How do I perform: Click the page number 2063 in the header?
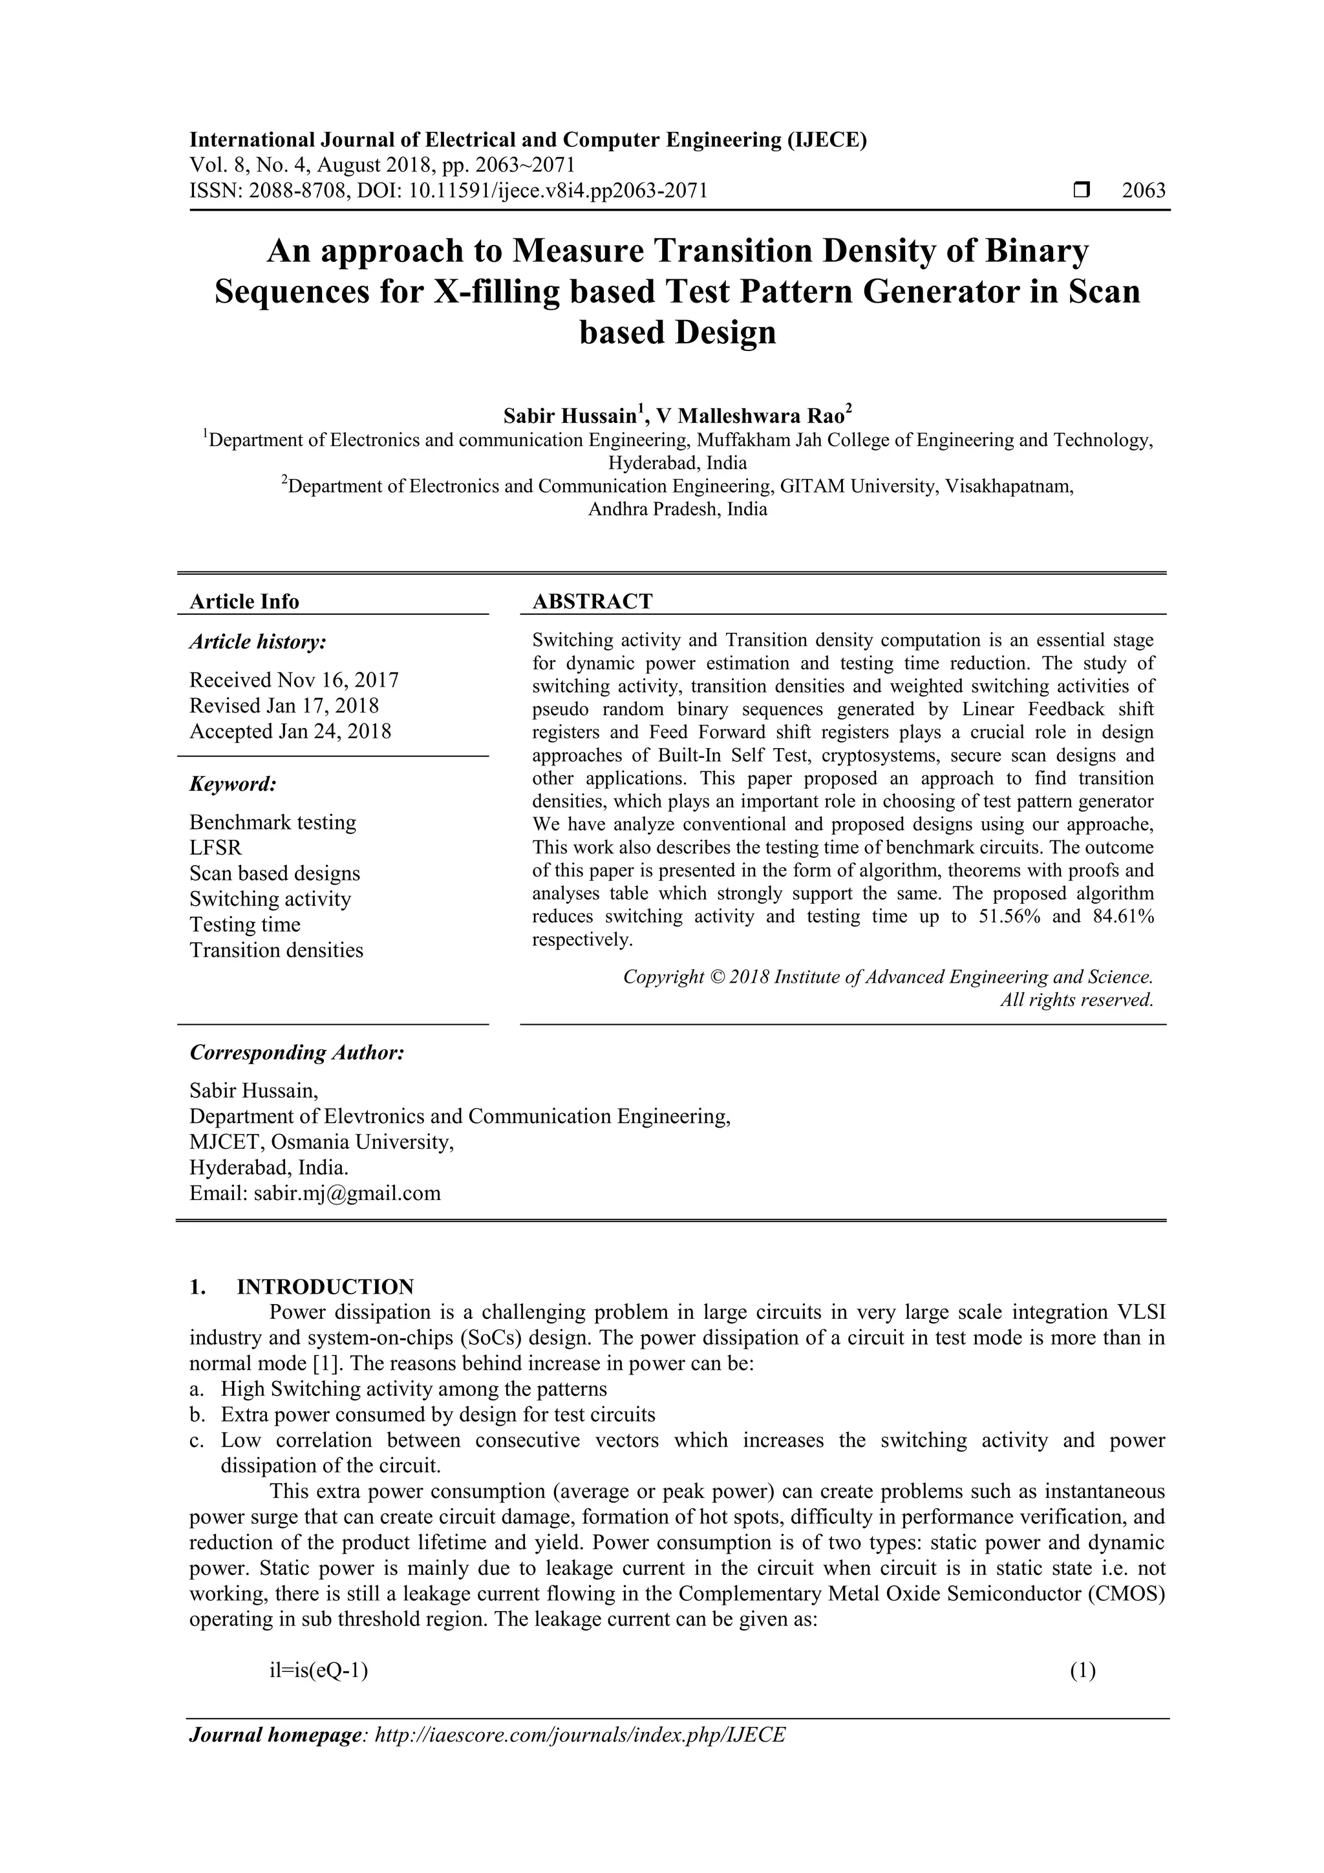(x=1144, y=191)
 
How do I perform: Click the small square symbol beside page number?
(x=1082, y=191)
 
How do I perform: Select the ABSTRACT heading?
(x=592, y=601)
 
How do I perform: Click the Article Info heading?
(x=244, y=601)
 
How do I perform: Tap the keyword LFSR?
(x=215, y=848)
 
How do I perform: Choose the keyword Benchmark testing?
(x=272, y=822)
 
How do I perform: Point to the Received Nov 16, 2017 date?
(x=294, y=680)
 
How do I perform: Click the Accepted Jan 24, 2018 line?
(x=290, y=731)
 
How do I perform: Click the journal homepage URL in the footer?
(x=579, y=1735)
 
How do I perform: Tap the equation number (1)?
(x=1082, y=1671)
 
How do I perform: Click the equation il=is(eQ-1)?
(x=319, y=1671)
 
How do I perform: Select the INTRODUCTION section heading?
(x=325, y=1287)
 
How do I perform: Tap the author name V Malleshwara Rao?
(x=754, y=416)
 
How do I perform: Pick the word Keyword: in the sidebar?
(x=233, y=784)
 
